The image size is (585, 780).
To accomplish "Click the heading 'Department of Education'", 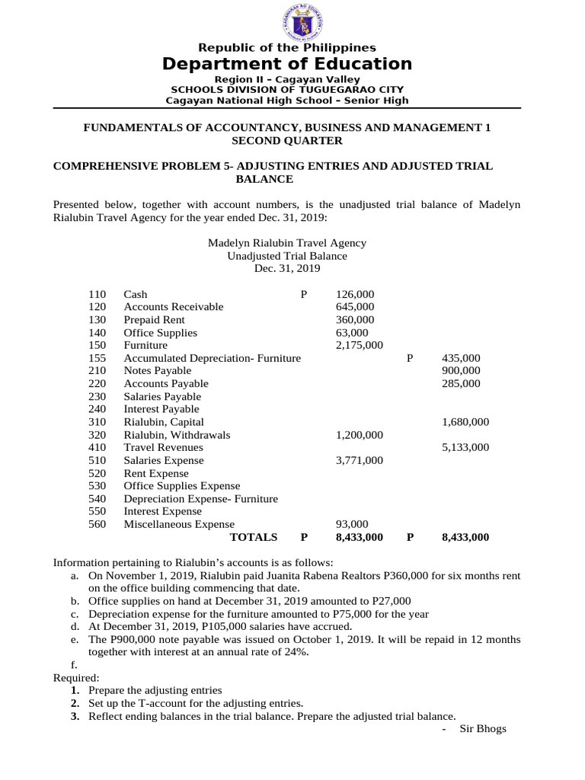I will click(x=287, y=64).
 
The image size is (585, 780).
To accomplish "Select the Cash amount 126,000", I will click(x=354, y=294).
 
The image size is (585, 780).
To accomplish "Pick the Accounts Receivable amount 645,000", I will click(x=354, y=307).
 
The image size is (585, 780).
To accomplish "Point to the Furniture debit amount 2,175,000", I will click(x=359, y=345).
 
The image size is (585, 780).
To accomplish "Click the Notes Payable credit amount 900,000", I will click(x=461, y=371).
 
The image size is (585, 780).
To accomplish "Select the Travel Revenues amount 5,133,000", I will click(x=465, y=448).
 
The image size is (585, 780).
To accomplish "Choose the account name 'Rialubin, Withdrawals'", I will click(x=177, y=435).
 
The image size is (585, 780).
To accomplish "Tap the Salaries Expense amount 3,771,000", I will click(x=359, y=460).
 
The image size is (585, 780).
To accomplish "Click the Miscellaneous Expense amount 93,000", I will click(x=352, y=524).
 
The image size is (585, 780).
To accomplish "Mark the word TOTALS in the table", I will click(x=254, y=537).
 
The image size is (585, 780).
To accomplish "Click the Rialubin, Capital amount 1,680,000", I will click(x=465, y=422).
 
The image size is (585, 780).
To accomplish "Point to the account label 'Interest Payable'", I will click(x=161, y=409).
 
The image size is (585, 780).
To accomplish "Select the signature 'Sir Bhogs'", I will click(x=483, y=729).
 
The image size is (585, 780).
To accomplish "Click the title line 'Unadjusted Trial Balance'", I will click(x=287, y=256).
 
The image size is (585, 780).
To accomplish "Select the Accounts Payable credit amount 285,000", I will click(x=461, y=384).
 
